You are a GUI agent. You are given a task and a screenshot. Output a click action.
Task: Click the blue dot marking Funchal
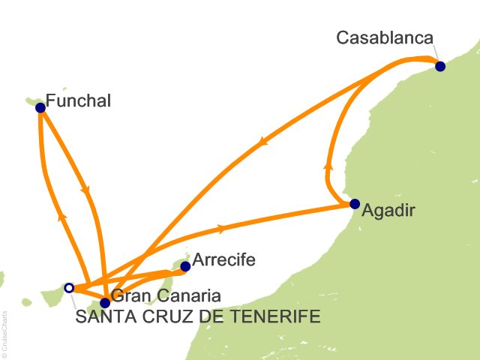[x=40, y=107]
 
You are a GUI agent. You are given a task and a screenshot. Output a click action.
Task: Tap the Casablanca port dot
[x=440, y=66]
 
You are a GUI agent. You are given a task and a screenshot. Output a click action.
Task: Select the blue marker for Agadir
[x=355, y=203]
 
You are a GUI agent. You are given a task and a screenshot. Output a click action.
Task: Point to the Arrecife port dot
[x=185, y=265]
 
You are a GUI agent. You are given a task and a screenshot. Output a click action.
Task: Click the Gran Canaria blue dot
[x=105, y=303]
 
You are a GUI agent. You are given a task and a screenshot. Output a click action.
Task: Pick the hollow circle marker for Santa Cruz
[x=69, y=287]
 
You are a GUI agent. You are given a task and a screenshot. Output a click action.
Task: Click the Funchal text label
[x=78, y=100]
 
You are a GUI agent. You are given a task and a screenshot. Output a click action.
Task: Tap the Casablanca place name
[x=384, y=37]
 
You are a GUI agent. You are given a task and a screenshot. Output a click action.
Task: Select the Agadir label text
[x=388, y=211]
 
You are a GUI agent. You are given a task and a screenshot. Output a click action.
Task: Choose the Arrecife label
[x=224, y=260]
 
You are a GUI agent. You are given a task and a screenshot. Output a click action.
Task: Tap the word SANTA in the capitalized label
[x=101, y=317]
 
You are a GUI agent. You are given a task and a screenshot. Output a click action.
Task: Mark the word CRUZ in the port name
[x=157, y=317]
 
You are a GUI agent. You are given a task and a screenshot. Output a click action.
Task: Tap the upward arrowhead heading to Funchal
[x=63, y=215]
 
